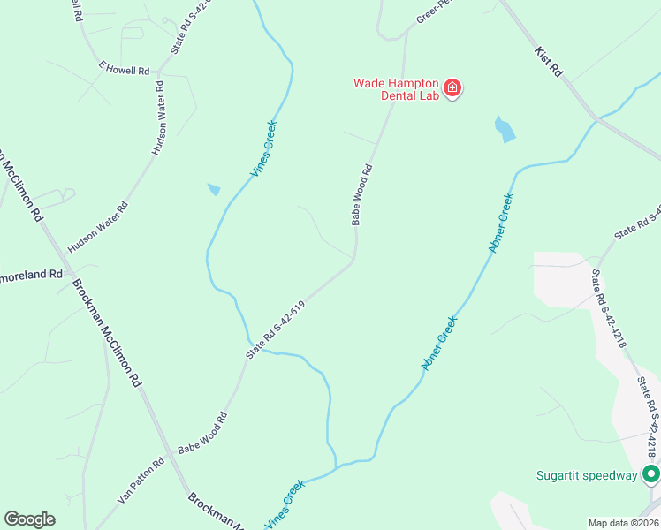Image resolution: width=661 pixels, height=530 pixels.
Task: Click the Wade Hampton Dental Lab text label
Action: [x=396, y=89]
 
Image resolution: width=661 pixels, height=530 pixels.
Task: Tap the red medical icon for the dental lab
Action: [x=452, y=87]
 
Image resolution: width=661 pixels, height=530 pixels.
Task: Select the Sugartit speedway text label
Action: [x=587, y=475]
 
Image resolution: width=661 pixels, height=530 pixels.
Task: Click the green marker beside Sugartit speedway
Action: [x=651, y=475]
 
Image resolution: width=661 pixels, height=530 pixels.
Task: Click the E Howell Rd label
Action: [x=124, y=69]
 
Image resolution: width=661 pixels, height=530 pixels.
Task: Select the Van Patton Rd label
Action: [x=141, y=481]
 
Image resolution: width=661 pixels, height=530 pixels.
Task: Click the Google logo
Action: [x=29, y=519]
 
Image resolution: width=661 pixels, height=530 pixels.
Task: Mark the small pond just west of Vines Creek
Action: [x=214, y=189]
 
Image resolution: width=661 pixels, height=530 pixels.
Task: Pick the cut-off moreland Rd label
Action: [x=32, y=274]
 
